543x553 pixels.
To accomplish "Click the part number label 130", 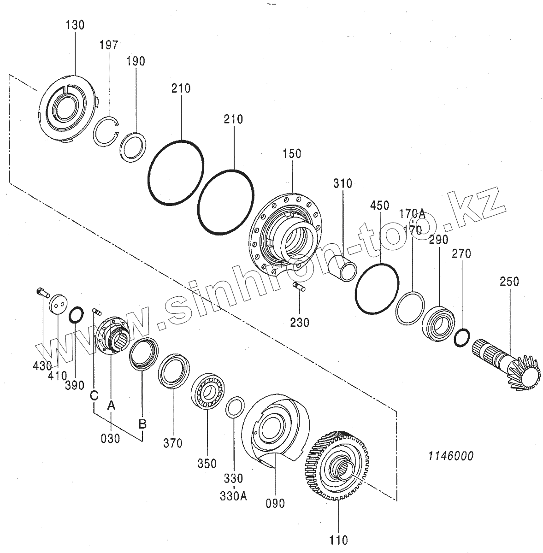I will (x=75, y=25).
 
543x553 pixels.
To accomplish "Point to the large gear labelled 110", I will (x=336, y=465).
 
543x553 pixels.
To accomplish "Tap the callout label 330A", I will (x=233, y=496).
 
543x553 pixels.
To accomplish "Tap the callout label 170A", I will (x=412, y=213).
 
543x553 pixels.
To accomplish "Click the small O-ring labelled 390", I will (x=76, y=316).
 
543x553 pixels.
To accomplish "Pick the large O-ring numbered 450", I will (x=377, y=290).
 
